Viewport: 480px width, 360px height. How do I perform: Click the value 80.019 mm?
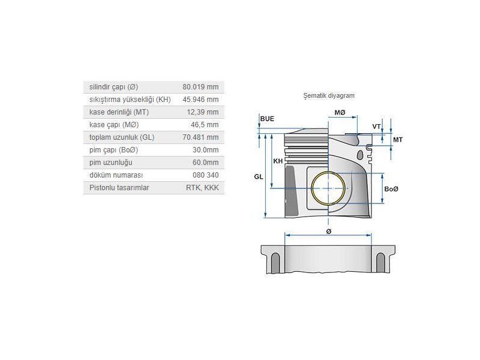(200, 87)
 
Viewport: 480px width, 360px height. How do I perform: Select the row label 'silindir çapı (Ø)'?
(113, 87)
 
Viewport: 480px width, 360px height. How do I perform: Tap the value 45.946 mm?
(200, 100)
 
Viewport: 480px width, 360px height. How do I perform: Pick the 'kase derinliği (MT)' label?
(119, 112)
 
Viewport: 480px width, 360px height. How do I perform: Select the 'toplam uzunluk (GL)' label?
(122, 137)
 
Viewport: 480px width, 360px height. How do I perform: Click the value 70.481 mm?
(200, 137)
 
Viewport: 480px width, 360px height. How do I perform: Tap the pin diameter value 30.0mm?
(205, 150)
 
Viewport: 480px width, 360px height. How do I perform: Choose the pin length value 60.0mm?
(205, 163)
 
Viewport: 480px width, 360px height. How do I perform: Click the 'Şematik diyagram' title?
(329, 95)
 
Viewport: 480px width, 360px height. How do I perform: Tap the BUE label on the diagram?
(267, 119)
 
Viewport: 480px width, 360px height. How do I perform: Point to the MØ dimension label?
(340, 113)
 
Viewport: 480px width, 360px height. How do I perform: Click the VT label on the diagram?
(376, 127)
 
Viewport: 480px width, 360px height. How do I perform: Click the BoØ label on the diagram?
(391, 189)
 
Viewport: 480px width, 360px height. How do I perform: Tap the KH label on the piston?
(278, 162)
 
